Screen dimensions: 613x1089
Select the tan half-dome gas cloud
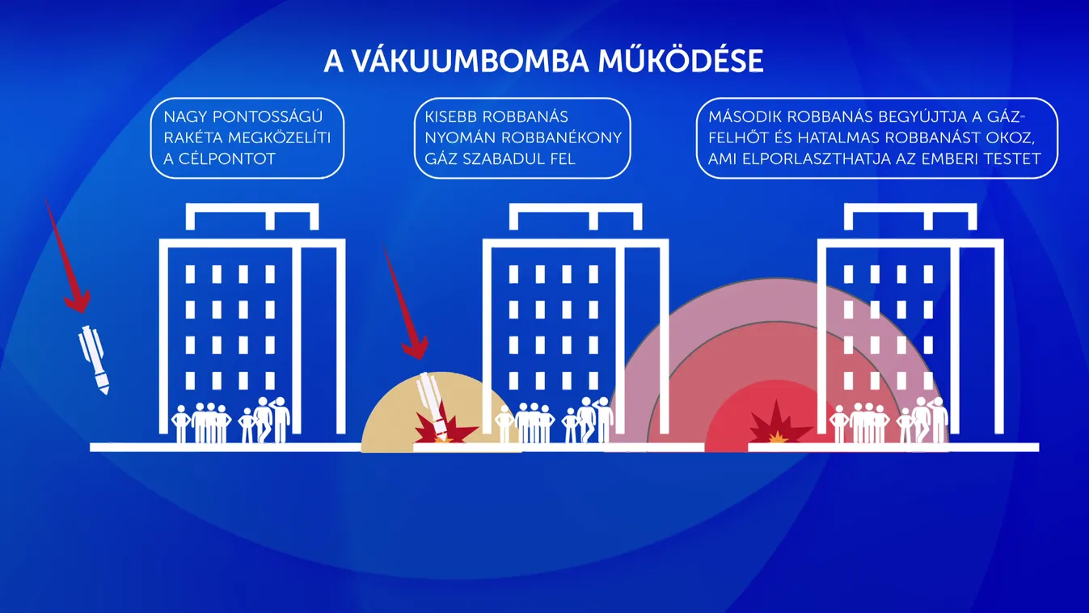pyautogui.click(x=388, y=421)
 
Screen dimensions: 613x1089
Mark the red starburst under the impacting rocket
pyautogui.click(x=437, y=429)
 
